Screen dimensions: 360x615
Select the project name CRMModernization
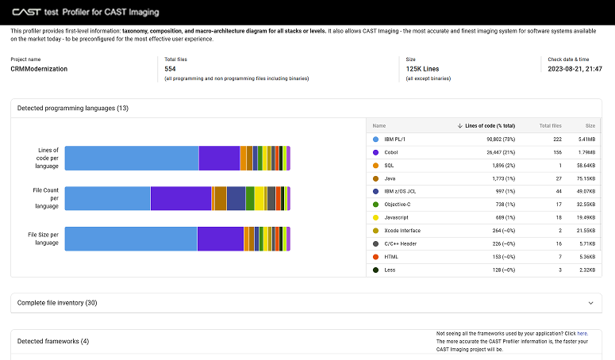tap(39, 69)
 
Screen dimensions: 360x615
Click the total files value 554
tap(170, 69)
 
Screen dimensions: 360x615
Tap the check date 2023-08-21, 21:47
tap(575, 69)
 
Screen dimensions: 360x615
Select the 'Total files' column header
tap(550, 126)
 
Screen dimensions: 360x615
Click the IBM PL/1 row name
tap(395, 139)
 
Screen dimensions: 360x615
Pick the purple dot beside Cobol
tap(375, 152)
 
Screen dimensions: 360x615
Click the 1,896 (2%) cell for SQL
tap(500, 165)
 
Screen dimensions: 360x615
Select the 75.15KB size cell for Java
tap(585, 178)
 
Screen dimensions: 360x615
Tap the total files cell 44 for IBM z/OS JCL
tap(558, 192)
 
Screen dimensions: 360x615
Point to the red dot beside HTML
tap(375, 258)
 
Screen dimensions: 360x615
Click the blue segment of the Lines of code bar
tap(131, 159)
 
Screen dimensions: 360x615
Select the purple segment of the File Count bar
tap(180, 198)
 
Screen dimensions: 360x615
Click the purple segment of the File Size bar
tap(220, 239)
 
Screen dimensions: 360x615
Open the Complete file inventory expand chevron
tap(590, 303)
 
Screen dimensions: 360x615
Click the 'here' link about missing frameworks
tap(582, 334)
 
